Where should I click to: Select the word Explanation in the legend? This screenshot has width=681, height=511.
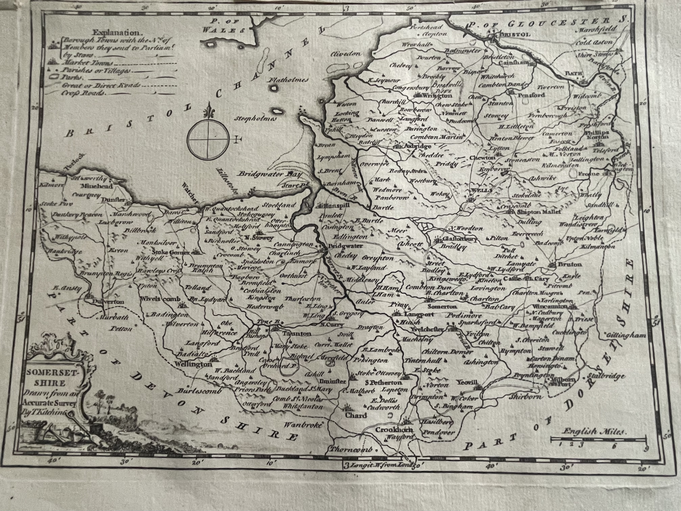coord(116,32)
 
